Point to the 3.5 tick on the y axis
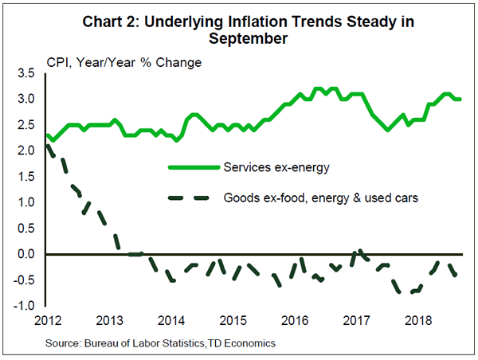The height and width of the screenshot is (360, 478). [x=25, y=74]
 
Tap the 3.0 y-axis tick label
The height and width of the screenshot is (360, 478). [x=25, y=100]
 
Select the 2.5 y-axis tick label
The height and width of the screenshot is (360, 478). [x=25, y=125]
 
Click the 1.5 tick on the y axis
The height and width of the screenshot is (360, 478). [x=25, y=177]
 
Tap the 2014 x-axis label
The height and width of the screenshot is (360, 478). [x=170, y=321]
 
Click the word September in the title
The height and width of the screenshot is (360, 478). [x=239, y=37]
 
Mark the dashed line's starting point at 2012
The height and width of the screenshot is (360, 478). [x=47, y=143]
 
